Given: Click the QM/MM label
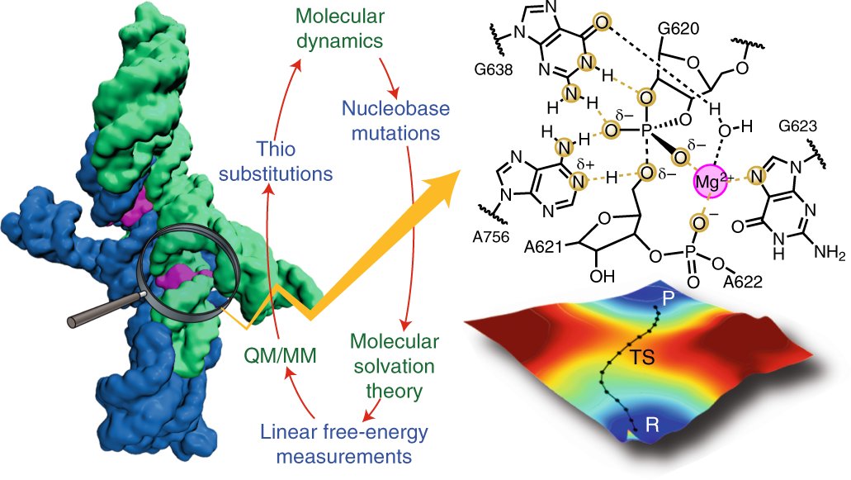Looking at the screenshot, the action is click(276, 356).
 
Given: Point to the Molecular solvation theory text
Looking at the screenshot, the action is click(395, 364).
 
